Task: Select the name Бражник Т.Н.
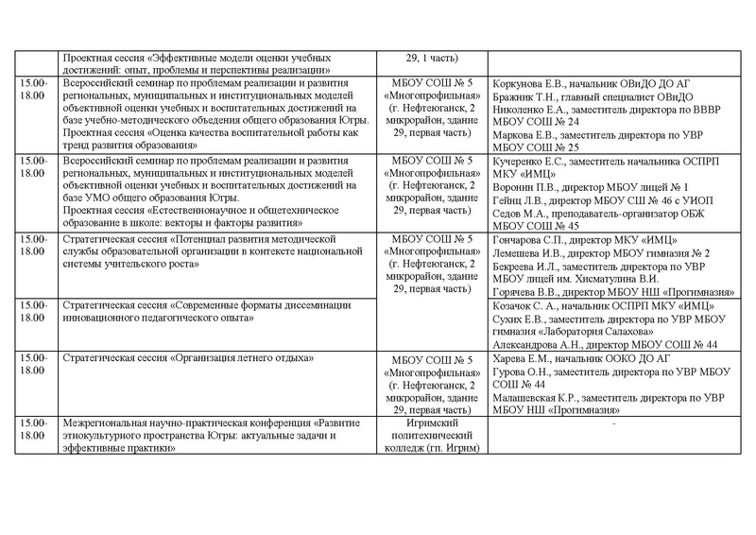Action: (525, 97)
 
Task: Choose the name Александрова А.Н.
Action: (539, 346)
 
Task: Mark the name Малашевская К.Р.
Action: (539, 399)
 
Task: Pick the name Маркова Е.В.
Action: (523, 135)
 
